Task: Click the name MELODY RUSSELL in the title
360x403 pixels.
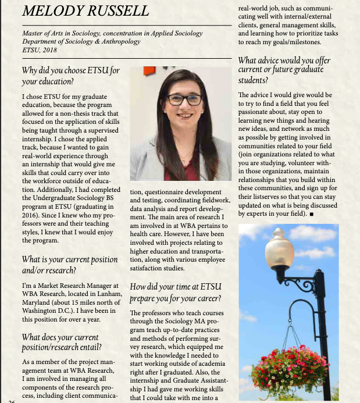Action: (85, 11)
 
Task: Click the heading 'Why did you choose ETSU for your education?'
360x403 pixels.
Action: (70, 76)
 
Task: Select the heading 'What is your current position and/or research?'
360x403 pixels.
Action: (69, 265)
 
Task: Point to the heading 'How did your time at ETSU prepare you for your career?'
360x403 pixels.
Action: (176, 293)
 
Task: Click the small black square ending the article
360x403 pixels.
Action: (312, 215)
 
